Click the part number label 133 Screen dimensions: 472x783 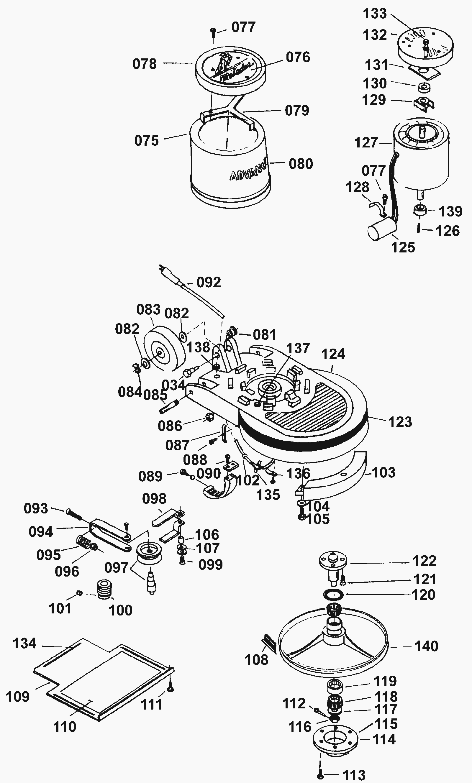[375, 14]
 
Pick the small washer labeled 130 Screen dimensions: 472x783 [423, 86]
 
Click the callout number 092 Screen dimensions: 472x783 [209, 282]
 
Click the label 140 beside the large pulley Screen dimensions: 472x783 [426, 646]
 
